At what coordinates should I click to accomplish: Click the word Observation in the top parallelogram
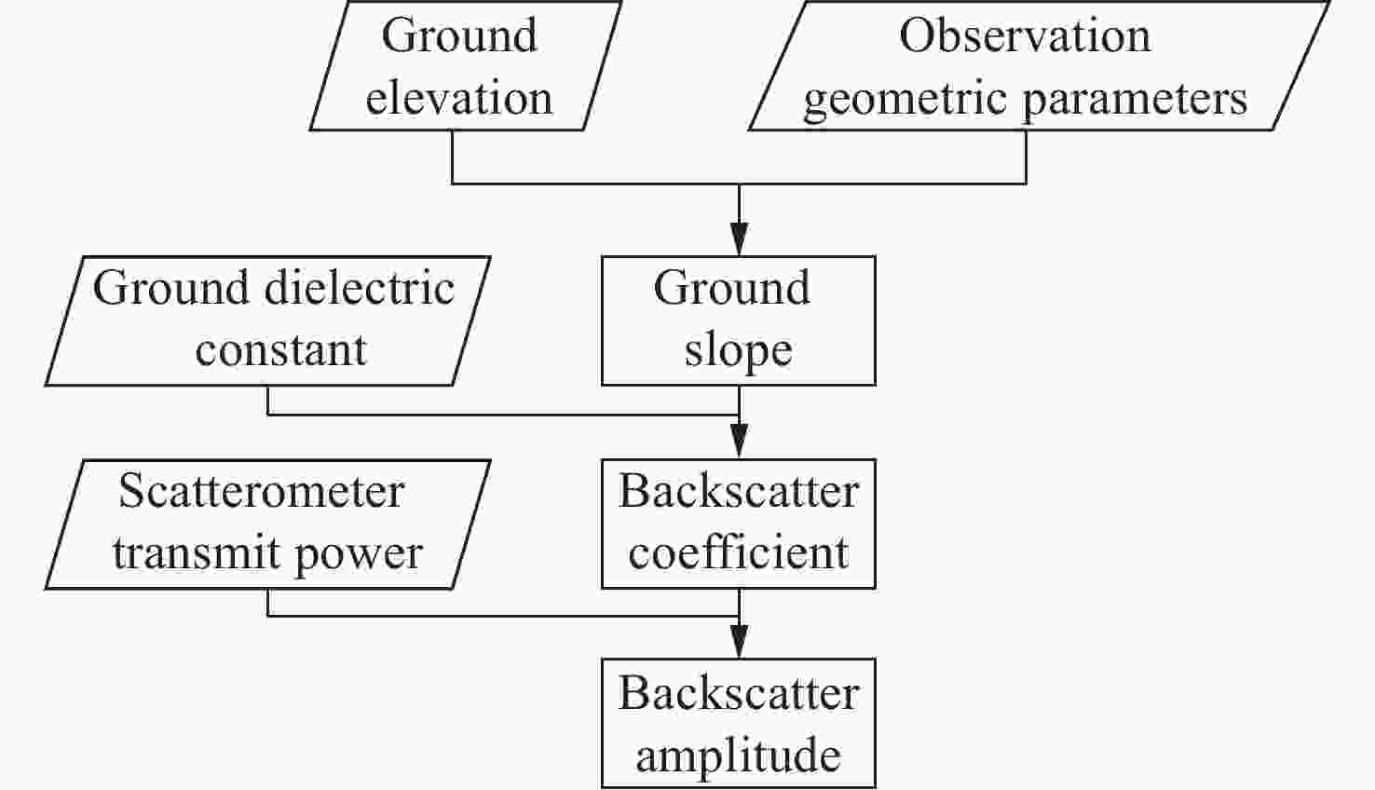point(1025,36)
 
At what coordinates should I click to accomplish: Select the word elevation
point(458,98)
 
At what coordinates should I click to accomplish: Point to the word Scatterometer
point(262,491)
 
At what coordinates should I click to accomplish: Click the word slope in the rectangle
point(738,351)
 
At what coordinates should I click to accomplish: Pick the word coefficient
point(738,552)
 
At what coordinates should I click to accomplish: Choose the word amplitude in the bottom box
point(738,755)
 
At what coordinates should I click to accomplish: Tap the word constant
point(280,349)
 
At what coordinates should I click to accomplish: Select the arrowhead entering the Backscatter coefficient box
point(739,442)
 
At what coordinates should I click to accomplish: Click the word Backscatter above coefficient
point(738,492)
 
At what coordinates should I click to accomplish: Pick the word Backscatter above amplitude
point(738,693)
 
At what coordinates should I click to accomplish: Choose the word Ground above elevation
point(459,36)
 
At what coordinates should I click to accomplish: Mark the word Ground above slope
point(731,288)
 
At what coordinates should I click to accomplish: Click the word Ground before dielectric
point(170,288)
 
